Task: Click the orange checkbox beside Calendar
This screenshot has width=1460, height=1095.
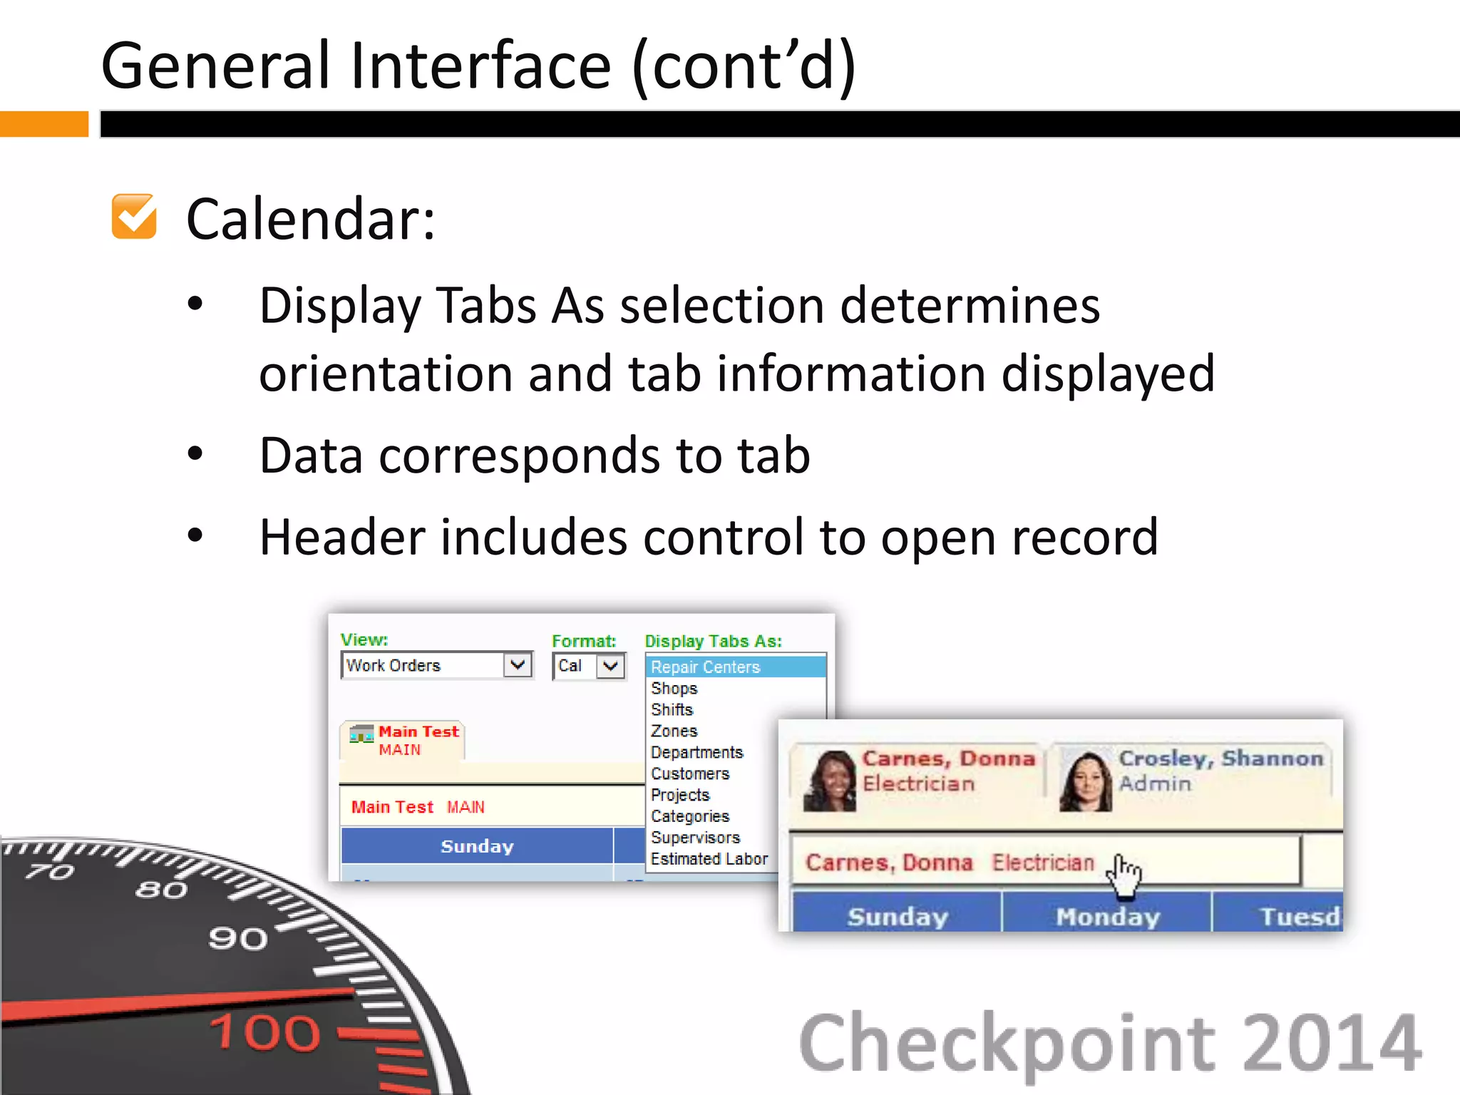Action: [x=134, y=217]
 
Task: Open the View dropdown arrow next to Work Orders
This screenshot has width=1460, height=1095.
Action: [x=518, y=665]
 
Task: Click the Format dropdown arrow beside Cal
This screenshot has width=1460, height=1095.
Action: [x=610, y=667]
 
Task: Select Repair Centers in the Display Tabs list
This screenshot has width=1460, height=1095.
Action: [x=706, y=667]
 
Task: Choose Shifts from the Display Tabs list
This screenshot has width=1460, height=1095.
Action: [x=672, y=710]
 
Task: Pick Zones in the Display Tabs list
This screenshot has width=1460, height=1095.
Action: [x=674, y=731]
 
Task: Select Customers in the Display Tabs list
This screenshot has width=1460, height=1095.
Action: [x=690, y=774]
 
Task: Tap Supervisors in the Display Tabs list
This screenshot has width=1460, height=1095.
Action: [x=696, y=838]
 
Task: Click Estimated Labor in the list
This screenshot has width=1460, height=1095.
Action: [x=709, y=860]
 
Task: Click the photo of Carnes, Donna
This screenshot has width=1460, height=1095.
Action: [x=830, y=781]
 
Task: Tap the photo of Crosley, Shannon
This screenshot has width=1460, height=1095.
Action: [x=1086, y=781]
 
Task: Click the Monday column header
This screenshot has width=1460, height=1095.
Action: [x=1108, y=917]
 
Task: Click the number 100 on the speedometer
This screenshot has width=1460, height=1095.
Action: [x=265, y=1032]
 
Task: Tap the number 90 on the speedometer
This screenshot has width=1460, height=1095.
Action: [x=238, y=939]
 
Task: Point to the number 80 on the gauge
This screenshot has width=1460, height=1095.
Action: [x=162, y=890]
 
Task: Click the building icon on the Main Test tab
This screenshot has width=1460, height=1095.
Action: [x=361, y=734]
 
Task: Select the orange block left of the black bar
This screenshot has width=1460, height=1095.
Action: [x=43, y=124]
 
